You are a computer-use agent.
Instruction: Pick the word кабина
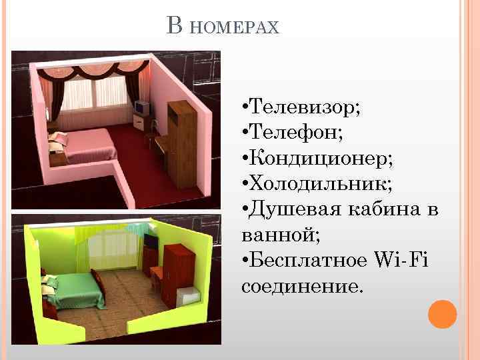click(387, 211)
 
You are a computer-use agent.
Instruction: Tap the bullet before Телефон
click(246, 133)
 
